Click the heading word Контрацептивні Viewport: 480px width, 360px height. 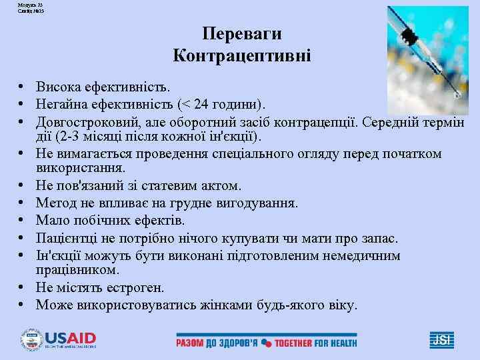(x=242, y=55)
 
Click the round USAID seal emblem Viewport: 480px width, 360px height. (x=31, y=340)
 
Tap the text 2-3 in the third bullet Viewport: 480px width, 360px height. (x=70, y=137)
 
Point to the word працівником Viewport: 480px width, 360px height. (x=77, y=271)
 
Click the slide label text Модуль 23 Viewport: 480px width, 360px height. (x=16, y=4)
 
